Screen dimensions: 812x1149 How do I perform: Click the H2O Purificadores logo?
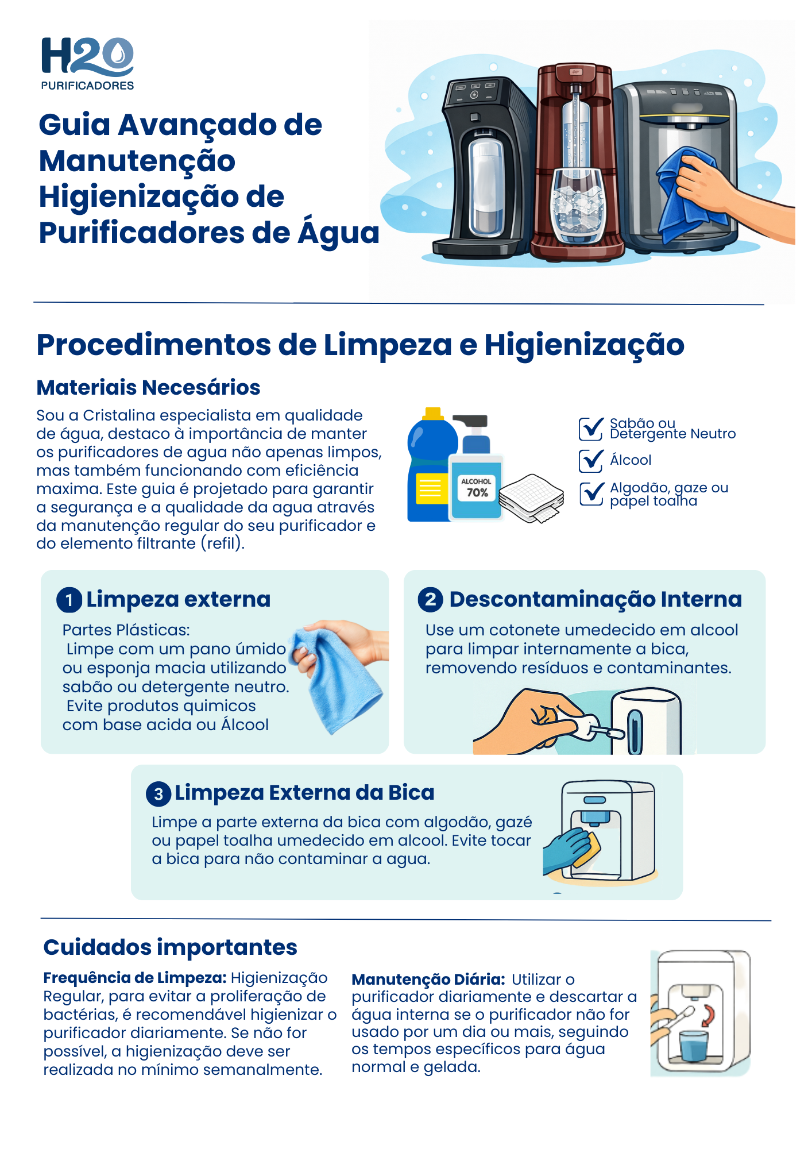[87, 64]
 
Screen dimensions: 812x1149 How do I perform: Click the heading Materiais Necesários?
[148, 387]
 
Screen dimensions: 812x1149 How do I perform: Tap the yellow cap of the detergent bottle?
[433, 414]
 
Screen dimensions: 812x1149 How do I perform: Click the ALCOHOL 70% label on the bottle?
[476, 488]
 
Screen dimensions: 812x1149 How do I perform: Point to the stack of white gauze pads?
[531, 498]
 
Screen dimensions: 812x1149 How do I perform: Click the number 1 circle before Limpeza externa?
[69, 600]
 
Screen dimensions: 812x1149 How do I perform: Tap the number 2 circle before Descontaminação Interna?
[431, 599]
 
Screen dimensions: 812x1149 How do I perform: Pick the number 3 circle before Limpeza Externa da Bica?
[158, 794]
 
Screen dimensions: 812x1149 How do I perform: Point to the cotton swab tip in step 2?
[616, 734]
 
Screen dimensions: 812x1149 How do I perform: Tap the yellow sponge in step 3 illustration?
[587, 849]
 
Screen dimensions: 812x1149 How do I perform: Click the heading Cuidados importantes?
[171, 947]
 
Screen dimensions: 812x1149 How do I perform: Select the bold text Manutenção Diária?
[428, 980]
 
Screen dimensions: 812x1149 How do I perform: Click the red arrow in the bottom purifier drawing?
[709, 1016]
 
